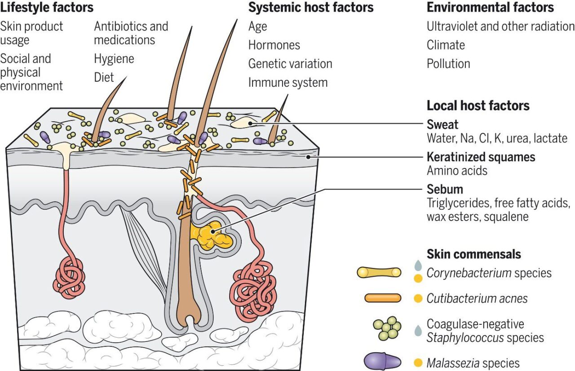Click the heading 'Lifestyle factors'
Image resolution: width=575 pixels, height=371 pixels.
(47, 8)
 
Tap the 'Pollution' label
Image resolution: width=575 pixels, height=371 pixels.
(448, 64)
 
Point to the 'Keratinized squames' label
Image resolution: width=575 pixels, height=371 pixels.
(481, 157)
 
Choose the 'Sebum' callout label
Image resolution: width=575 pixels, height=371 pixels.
(445, 189)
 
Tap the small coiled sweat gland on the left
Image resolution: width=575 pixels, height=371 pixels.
(69, 274)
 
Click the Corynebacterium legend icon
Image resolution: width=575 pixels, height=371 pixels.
(378, 273)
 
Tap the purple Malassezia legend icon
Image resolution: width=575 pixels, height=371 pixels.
(382, 362)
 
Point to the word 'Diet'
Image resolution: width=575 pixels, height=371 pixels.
(104, 77)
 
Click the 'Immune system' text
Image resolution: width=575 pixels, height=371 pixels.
(287, 82)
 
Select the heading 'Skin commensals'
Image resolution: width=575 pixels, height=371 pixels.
(473, 254)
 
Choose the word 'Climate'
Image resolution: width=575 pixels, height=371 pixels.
(446, 45)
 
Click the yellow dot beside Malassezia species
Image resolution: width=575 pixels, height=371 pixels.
(418, 362)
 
